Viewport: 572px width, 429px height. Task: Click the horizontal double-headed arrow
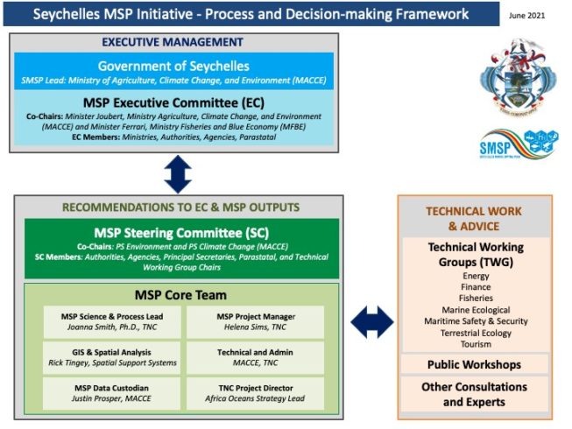click(x=372, y=321)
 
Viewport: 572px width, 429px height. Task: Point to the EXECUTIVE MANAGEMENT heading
click(x=173, y=42)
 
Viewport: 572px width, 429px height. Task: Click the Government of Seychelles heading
click(x=173, y=67)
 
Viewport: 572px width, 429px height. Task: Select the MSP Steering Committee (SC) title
click(x=173, y=233)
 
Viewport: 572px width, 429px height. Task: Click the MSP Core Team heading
click(x=173, y=293)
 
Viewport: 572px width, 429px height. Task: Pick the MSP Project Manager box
click(x=255, y=322)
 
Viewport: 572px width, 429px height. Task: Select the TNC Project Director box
click(x=255, y=393)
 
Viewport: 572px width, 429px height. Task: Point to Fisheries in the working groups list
click(x=475, y=298)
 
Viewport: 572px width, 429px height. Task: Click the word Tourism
click(x=475, y=343)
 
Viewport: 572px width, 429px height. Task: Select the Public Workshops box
click(x=475, y=364)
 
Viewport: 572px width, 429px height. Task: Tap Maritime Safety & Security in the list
click(x=475, y=320)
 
